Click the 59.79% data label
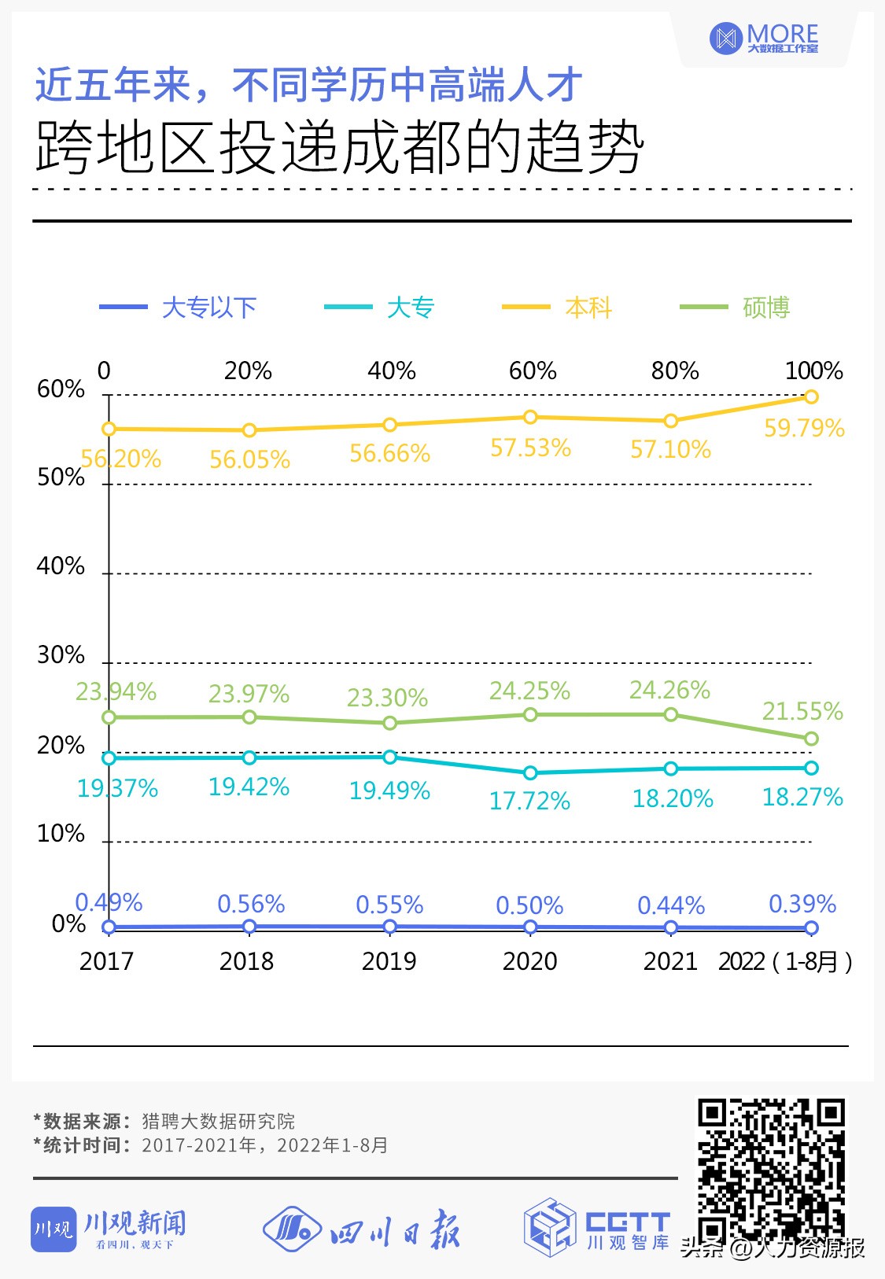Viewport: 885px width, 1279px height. point(804,429)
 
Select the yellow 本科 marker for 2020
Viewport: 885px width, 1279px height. point(530,417)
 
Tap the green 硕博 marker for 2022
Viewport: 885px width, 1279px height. point(811,739)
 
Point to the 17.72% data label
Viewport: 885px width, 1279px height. point(529,801)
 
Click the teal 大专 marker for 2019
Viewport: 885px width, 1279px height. point(389,757)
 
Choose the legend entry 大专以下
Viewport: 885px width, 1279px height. point(179,308)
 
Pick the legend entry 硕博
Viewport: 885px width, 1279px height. point(735,308)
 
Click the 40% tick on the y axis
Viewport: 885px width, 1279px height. point(61,566)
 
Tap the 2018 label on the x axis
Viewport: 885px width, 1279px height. point(246,961)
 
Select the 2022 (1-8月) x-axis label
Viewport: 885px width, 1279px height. point(784,961)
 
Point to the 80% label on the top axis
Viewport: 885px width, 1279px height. point(674,370)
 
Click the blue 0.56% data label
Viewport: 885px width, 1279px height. point(251,904)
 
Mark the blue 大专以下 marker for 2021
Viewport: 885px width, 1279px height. point(670,927)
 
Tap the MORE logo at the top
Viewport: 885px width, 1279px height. point(764,38)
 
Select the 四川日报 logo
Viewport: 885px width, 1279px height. point(361,1229)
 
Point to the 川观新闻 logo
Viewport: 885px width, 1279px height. point(109,1228)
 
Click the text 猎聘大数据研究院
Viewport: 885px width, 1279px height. point(218,1121)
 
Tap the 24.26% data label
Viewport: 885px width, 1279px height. point(669,690)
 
